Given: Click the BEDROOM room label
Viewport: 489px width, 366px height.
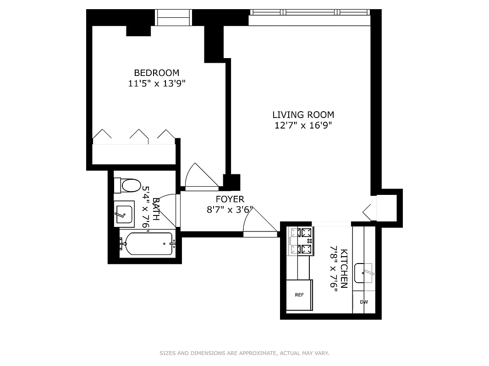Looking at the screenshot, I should (x=156, y=73).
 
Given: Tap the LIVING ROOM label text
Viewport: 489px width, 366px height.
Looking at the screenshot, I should (x=303, y=115).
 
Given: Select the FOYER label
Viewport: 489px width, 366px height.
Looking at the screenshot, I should (x=230, y=199).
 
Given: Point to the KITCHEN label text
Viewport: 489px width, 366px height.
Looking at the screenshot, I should (x=345, y=269).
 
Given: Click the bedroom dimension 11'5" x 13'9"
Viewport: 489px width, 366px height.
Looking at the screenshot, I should (x=156, y=84).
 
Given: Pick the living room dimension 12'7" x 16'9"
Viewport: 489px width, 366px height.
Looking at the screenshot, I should (x=303, y=126).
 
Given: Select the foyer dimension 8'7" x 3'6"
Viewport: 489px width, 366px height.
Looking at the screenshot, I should (x=230, y=210).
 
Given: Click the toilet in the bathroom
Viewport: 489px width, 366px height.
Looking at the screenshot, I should (x=128, y=186).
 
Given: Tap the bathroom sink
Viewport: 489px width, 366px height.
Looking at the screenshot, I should (x=124, y=213).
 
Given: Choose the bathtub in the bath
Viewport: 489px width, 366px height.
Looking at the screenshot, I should (x=147, y=244).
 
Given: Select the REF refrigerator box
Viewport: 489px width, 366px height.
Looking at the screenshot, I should (x=299, y=295).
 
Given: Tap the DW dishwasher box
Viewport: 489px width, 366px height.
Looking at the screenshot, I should (x=364, y=302).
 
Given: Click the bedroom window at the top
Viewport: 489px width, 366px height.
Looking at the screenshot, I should (x=173, y=17).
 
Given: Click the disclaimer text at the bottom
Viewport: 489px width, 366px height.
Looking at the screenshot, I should (x=244, y=353).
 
